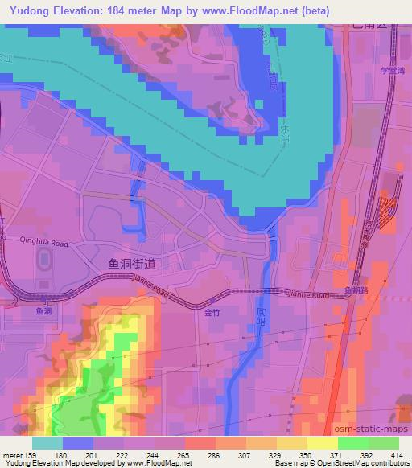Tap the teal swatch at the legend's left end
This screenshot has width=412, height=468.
click(47, 442)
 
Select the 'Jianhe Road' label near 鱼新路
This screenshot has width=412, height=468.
click(310, 296)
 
